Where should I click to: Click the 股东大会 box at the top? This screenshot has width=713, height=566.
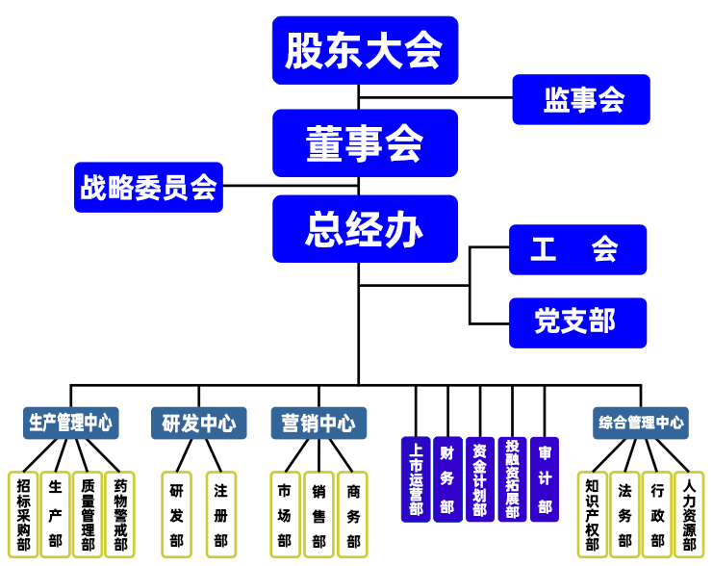pyautogui.click(x=364, y=50)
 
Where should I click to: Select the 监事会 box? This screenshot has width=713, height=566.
pyautogui.click(x=581, y=99)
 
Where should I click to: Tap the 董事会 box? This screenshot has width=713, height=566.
pyautogui.click(x=364, y=142)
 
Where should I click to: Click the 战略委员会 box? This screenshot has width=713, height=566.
pyautogui.click(x=149, y=187)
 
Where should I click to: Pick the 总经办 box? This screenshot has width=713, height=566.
pyautogui.click(x=364, y=229)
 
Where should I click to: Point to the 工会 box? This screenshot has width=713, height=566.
pyautogui.click(x=577, y=249)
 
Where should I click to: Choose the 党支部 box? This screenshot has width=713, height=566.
pyautogui.click(x=577, y=322)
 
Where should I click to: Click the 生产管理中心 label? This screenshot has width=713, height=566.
pyautogui.click(x=71, y=423)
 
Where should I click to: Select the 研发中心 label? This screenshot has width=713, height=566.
pyautogui.click(x=199, y=423)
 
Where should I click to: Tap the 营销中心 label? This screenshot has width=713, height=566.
pyautogui.click(x=318, y=423)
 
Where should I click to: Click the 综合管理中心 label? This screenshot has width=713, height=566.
pyautogui.click(x=641, y=423)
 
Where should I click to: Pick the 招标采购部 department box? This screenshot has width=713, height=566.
pyautogui.click(x=23, y=514)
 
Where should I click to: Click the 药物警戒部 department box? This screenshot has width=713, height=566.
pyautogui.click(x=119, y=514)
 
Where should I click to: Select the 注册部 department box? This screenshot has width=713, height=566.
pyautogui.click(x=220, y=514)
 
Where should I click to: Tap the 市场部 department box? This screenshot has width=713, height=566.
pyautogui.click(x=285, y=514)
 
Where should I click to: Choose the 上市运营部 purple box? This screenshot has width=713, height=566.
pyautogui.click(x=416, y=479)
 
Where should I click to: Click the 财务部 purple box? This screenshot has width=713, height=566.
pyautogui.click(x=447, y=479)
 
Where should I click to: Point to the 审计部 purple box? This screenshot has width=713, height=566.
pyautogui.click(x=545, y=479)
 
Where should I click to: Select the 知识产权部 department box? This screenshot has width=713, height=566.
pyautogui.click(x=592, y=514)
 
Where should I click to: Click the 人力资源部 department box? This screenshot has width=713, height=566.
pyautogui.click(x=689, y=514)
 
